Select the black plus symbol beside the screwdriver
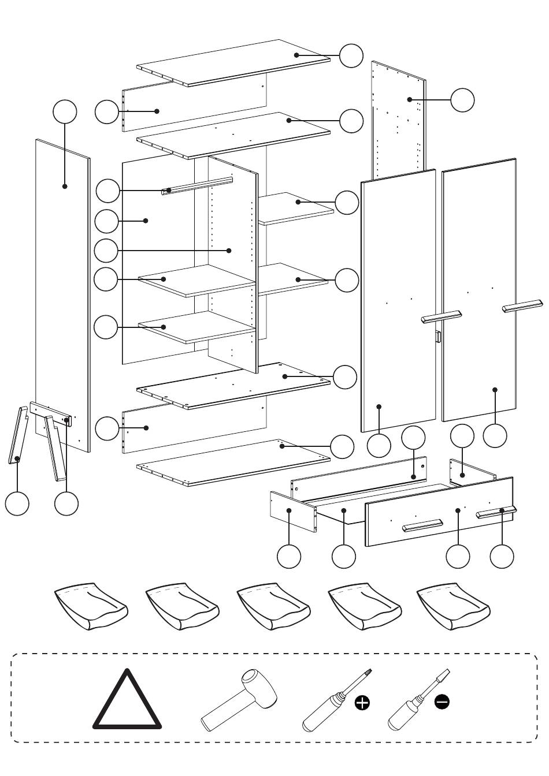(362, 702)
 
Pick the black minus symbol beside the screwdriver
(442, 702)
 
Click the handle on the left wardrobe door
(442, 316)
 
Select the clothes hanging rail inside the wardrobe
(196, 185)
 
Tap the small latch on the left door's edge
(438, 337)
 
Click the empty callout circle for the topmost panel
(351, 55)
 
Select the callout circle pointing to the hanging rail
(108, 191)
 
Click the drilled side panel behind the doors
(399, 115)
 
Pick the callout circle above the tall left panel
(65, 112)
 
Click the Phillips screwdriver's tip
(368, 672)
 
